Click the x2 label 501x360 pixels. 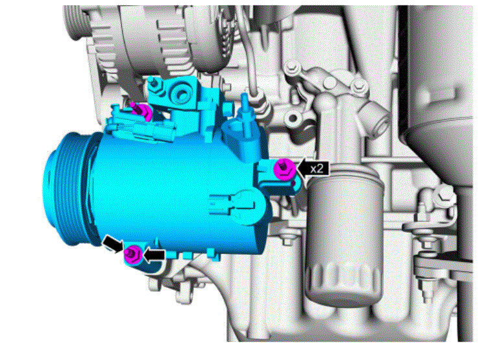point(317,169)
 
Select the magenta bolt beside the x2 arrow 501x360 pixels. point(284,169)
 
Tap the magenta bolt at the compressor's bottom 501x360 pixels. point(132,254)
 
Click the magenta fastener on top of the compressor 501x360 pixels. point(143,110)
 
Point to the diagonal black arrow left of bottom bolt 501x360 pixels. point(112,244)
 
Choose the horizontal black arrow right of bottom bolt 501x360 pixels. point(154,255)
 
